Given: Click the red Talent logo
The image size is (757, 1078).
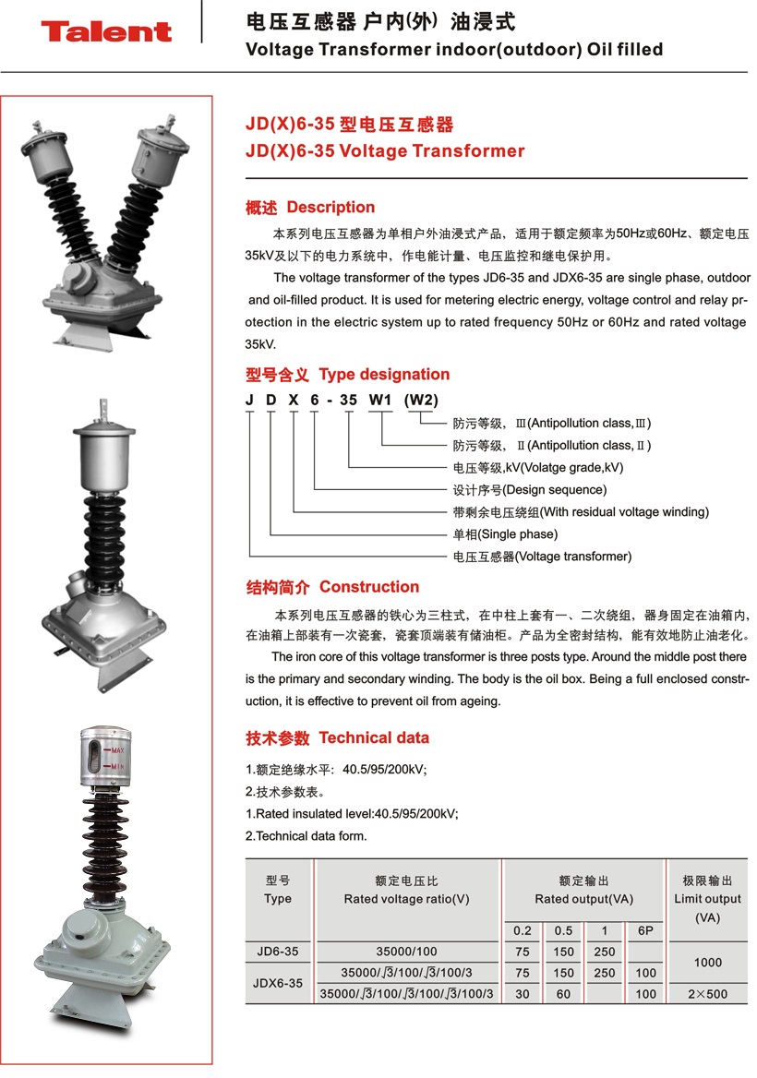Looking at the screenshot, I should click(106, 31).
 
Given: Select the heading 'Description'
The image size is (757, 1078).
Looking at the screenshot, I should click(330, 208).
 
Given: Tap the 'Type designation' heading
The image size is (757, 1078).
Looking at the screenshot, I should click(384, 375).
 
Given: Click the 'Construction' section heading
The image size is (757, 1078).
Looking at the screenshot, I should click(368, 587).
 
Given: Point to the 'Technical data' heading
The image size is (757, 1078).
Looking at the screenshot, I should click(374, 738).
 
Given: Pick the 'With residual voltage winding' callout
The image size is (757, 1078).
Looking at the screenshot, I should click(623, 512).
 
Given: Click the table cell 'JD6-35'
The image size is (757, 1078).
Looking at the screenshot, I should click(278, 952).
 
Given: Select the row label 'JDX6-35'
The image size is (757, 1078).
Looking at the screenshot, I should click(278, 984).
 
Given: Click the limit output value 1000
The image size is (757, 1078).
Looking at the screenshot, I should click(707, 963).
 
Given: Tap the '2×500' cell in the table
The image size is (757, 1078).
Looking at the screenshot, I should click(707, 995).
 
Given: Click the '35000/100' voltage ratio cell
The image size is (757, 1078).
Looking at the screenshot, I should click(407, 952).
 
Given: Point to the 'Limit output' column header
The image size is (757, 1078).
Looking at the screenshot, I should click(707, 899).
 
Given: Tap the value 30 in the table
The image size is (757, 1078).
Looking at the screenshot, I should click(523, 995).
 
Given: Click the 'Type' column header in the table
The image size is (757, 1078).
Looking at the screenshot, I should click(278, 899).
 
